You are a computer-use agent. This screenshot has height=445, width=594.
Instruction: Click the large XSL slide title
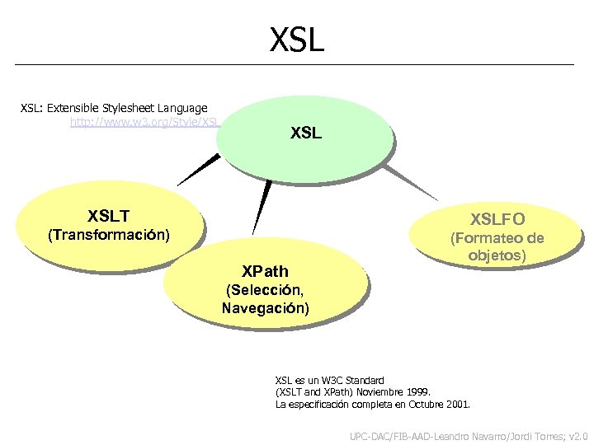coord(297,39)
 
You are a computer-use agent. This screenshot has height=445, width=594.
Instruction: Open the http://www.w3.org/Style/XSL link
coord(144,122)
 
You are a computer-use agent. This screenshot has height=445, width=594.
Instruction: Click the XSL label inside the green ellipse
coord(306,133)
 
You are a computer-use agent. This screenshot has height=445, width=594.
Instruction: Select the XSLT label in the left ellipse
coord(109,217)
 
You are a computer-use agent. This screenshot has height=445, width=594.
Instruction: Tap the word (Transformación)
coord(109,236)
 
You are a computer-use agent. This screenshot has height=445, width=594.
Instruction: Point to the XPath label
coord(265,271)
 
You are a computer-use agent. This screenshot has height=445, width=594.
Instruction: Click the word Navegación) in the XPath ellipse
coord(266,308)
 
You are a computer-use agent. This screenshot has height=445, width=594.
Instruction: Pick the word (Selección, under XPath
coord(266,290)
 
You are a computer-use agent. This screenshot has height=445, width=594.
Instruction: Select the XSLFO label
coord(497,219)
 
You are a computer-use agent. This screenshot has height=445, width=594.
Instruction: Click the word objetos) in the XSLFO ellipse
coord(497,255)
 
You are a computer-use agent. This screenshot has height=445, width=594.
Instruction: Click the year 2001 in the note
coord(456,405)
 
